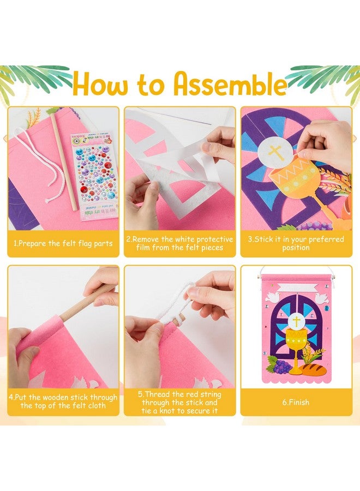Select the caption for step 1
(63, 243)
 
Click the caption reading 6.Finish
(296, 402)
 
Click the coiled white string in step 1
(38, 158)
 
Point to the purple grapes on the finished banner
(279, 366)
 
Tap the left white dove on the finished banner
(273, 297)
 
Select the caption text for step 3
(296, 243)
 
